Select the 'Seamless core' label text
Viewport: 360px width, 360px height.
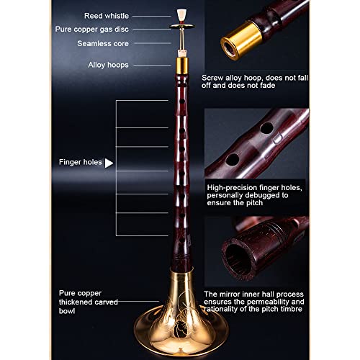pos(104,42)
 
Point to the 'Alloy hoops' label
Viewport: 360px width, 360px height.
pos(109,65)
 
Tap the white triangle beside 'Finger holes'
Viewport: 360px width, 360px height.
pos(109,163)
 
